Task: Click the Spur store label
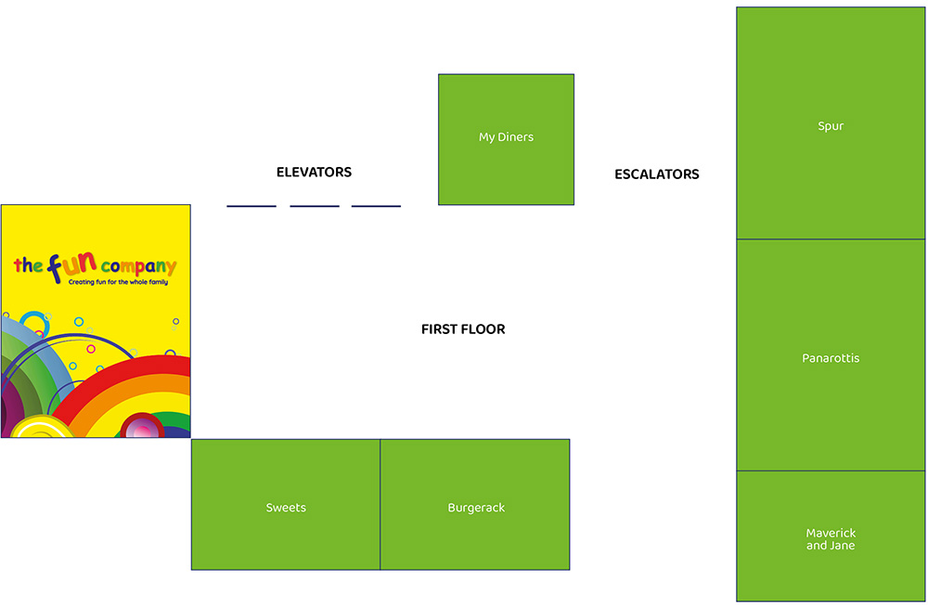click(831, 126)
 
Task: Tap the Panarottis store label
click(831, 358)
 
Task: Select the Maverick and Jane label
click(831, 539)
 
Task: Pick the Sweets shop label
click(286, 508)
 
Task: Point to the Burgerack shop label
click(476, 508)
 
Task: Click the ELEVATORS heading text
click(314, 173)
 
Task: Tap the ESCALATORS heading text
click(656, 174)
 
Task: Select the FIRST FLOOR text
click(463, 329)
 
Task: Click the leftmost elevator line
click(251, 206)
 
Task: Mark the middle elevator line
click(315, 206)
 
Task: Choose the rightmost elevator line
click(376, 206)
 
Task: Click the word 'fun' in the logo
click(72, 266)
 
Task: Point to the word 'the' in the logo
click(28, 266)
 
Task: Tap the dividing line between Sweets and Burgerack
click(380, 504)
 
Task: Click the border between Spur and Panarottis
click(831, 239)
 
